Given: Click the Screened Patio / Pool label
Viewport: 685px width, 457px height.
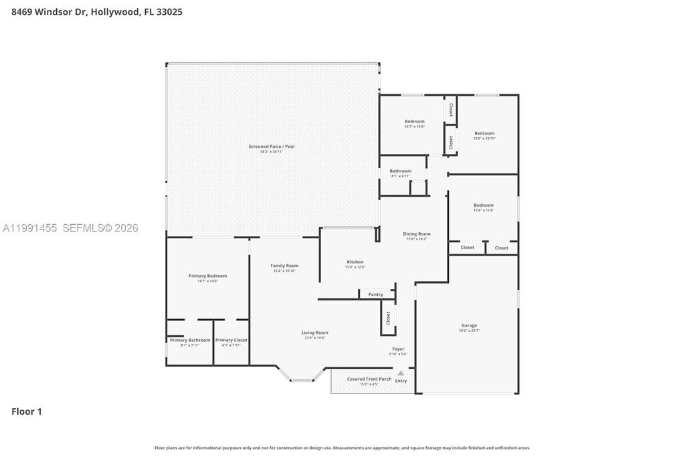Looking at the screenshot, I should (271, 147).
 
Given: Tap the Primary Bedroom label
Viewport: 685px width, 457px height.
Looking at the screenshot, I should (207, 276).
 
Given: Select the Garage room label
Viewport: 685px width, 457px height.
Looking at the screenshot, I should (469, 326).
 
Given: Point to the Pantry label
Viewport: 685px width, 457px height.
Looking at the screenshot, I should (375, 294).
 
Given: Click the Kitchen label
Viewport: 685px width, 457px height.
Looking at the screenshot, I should (355, 262).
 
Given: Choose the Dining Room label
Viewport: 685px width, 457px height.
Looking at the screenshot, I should (416, 234).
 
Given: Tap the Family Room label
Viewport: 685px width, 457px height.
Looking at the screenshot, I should (284, 266).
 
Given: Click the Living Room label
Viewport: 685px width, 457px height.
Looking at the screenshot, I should (314, 333).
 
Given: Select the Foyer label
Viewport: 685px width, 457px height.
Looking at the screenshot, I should (398, 349).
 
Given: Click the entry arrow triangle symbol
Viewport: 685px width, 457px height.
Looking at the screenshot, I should (401, 373).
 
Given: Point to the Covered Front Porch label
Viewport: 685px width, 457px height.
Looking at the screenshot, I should (365, 379).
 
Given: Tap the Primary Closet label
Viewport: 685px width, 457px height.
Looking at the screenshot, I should (231, 340).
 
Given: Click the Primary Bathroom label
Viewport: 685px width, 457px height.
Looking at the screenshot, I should (190, 340).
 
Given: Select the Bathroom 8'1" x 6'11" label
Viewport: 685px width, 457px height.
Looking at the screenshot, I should (401, 171).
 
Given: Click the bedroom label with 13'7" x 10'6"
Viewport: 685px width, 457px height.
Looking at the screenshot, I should (414, 122).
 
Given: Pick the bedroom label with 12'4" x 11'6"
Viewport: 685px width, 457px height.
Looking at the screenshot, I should (484, 205).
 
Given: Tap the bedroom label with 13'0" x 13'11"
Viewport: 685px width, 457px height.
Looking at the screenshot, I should (484, 133).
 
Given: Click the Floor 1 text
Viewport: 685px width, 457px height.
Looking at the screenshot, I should (27, 412).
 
